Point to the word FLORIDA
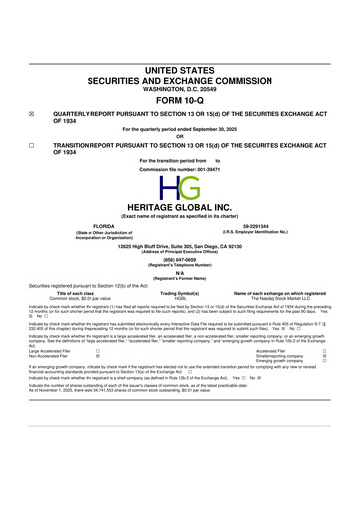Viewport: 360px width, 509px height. (x=104, y=225)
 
